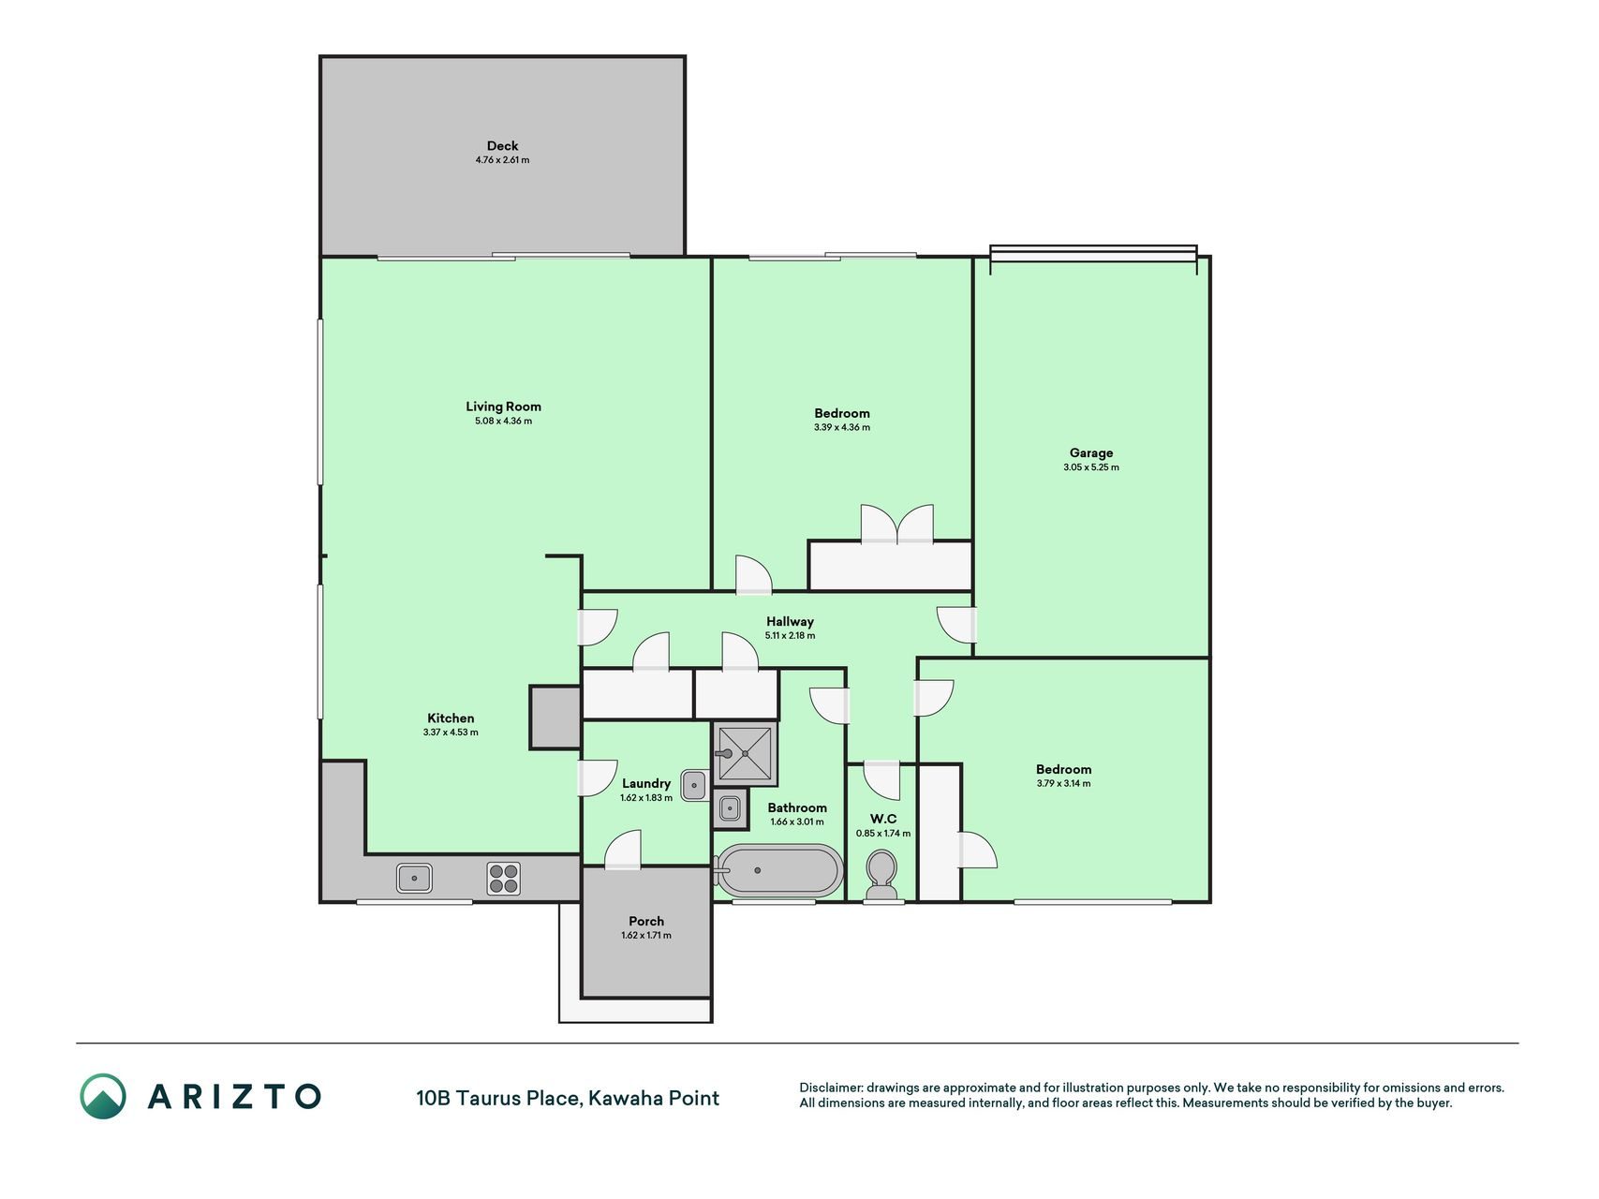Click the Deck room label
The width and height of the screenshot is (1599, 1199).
click(x=502, y=146)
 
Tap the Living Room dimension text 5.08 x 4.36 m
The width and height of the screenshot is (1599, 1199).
click(x=503, y=422)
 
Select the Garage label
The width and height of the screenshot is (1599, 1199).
click(x=1091, y=453)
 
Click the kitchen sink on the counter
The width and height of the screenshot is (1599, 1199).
click(x=414, y=878)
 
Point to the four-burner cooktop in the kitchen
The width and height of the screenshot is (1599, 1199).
click(x=503, y=878)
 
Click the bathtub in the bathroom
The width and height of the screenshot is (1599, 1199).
click(x=777, y=870)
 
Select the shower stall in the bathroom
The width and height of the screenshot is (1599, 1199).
click(x=745, y=753)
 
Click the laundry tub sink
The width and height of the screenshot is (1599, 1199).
click(x=694, y=785)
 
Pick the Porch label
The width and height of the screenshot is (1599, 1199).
click(x=646, y=922)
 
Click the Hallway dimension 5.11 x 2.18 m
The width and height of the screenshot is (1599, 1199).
click(x=790, y=636)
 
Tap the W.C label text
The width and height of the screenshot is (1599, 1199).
click(x=883, y=819)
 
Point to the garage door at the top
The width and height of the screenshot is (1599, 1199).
click(x=1093, y=253)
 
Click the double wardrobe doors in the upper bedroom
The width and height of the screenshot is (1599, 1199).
click(x=897, y=525)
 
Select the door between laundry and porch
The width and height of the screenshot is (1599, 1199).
click(x=623, y=850)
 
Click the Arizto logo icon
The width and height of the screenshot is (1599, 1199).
click(x=102, y=1096)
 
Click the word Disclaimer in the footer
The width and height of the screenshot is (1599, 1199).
click(x=830, y=1088)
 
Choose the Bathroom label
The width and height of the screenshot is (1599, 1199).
click(x=797, y=807)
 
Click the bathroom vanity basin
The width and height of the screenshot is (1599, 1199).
click(x=730, y=808)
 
